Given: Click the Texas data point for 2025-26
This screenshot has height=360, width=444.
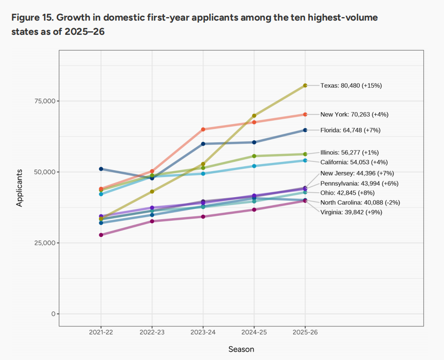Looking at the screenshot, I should pos(305,85).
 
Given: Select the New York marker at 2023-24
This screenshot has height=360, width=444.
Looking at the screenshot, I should pos(203,129).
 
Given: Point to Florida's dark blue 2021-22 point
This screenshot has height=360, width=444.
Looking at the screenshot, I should pos(101,169).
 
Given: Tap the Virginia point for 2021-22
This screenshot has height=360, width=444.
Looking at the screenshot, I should pos(101,235).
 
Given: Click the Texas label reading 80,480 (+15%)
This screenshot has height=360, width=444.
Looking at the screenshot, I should pos(351,85).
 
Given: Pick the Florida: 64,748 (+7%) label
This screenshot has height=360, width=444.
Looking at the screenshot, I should pos(350,130).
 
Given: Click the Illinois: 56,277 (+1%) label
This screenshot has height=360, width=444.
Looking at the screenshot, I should pos(349,153).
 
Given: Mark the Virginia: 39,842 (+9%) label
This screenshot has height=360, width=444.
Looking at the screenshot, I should pos(351,212).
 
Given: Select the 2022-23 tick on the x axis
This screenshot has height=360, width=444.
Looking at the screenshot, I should pos(152,332).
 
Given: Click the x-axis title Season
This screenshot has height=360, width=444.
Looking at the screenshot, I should pos(241,349).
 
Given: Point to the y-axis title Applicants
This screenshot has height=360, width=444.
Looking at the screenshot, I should pos(20,188).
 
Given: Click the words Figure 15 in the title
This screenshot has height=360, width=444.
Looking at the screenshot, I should pos(30,18).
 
